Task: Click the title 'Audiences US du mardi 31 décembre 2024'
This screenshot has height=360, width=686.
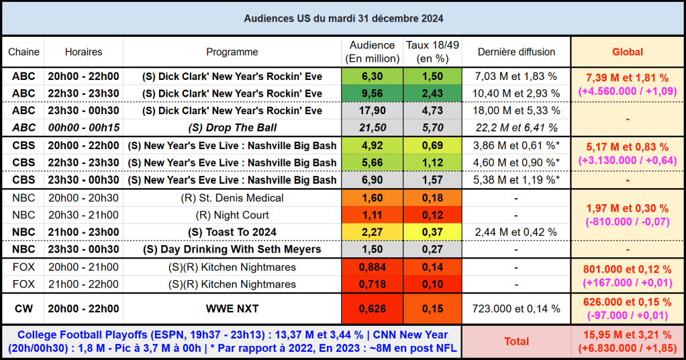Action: pos(343,18)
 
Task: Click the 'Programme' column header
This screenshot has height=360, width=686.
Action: pos(232,52)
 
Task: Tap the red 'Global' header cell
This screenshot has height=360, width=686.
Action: pos(627,52)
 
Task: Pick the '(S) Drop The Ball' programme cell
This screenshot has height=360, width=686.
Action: pos(232,128)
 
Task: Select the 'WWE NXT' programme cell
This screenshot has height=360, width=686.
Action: pos(232,308)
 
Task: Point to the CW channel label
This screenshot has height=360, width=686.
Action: pos(23,308)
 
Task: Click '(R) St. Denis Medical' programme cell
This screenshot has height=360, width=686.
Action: pos(232,197)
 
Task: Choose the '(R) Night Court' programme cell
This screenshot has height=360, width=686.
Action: pos(232,215)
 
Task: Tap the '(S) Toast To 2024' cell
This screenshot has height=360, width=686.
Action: pos(232,232)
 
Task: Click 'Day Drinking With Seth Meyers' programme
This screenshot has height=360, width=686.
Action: pos(232,249)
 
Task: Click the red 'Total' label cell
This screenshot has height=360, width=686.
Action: pos(516,341)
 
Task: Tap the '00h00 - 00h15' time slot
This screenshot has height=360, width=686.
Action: pos(83,128)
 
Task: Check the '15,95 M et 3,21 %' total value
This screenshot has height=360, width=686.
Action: pos(627,334)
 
